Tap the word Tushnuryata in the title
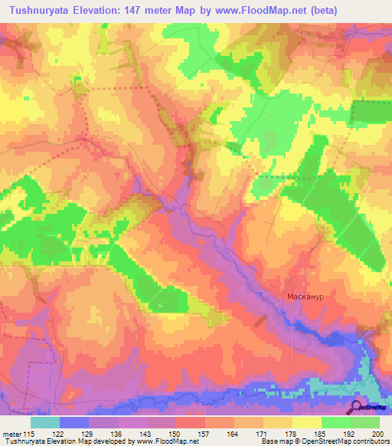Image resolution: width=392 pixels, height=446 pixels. point(41,11)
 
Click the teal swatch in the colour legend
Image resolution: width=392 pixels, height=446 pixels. point(45,422)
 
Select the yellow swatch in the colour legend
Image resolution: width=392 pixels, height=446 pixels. point(307,422)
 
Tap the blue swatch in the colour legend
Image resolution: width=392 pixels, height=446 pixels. point(74,422)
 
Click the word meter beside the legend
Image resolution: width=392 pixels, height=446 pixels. point(11,435)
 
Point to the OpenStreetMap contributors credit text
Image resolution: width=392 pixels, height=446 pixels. point(337,442)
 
